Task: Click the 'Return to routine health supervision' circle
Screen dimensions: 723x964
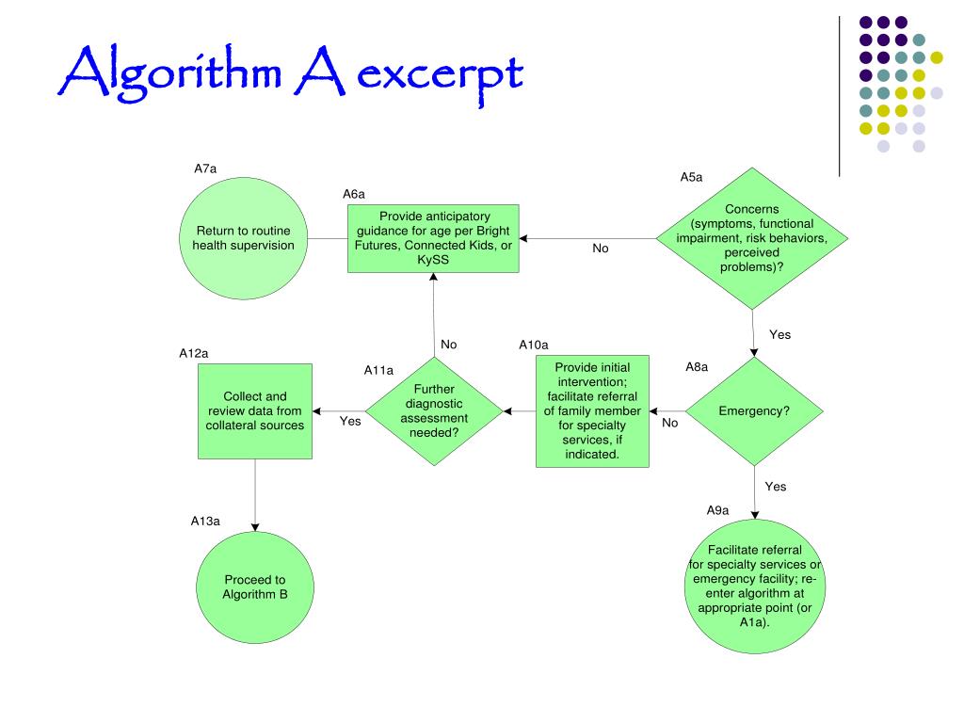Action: (243, 238)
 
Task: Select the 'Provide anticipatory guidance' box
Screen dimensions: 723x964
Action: (433, 238)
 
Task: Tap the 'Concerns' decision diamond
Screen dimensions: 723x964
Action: (752, 238)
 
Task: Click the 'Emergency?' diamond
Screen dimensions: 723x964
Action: (753, 411)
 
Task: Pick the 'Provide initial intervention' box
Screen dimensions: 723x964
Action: (592, 410)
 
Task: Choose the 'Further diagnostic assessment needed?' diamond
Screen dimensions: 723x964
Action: (434, 411)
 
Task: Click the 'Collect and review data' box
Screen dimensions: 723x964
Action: (255, 410)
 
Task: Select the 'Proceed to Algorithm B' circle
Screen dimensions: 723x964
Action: (254, 586)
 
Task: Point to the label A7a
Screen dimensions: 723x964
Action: (205, 169)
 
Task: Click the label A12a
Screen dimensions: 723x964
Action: (193, 353)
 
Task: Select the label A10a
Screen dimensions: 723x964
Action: (533, 345)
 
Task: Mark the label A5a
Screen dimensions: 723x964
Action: (691, 177)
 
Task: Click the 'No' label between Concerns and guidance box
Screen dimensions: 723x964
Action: (601, 249)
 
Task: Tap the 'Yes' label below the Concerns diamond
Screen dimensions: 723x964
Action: (779, 334)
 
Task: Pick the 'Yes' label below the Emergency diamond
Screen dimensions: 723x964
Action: (775, 487)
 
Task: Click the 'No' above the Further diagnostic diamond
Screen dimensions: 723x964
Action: (448, 345)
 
